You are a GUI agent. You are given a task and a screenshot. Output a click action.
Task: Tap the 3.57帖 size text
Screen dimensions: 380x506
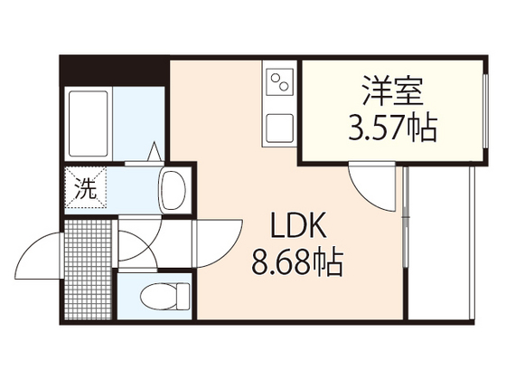pos(391,128)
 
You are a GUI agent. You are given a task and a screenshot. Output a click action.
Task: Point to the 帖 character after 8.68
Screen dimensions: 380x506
pos(329,263)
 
